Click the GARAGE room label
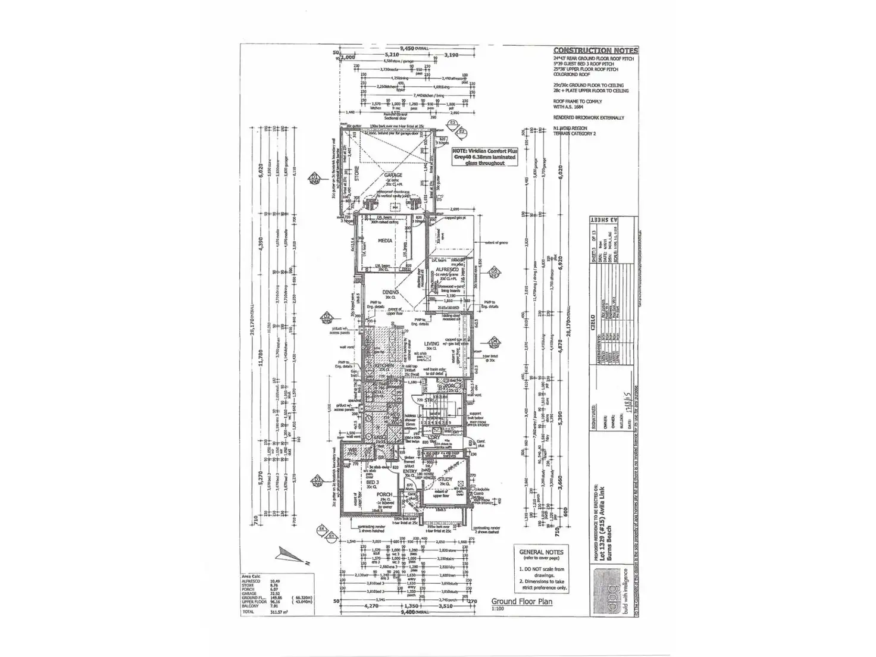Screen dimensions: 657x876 pyautogui.click(x=393, y=175)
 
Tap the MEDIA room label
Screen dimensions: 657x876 pyautogui.click(x=385, y=240)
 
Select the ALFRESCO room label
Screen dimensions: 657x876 pyautogui.click(x=446, y=270)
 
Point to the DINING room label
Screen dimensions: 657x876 pyautogui.click(x=390, y=292)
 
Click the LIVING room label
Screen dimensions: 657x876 pyautogui.click(x=431, y=343)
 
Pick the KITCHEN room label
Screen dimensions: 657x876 pyautogui.click(x=384, y=365)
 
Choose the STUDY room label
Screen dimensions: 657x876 pyautogui.click(x=445, y=479)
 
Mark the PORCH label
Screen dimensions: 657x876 pyautogui.click(x=384, y=495)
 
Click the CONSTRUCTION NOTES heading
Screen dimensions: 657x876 pyautogui.click(x=595, y=51)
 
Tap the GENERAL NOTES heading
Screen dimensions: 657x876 pyautogui.click(x=541, y=552)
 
